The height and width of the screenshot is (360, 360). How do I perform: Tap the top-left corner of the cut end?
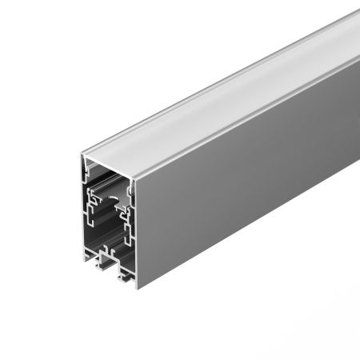click(82, 157)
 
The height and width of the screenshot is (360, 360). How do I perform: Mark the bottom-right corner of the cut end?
click(135, 286)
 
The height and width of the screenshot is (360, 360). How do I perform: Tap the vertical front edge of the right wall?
click(135, 232)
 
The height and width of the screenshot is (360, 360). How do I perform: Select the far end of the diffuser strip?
click(352, 32)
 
